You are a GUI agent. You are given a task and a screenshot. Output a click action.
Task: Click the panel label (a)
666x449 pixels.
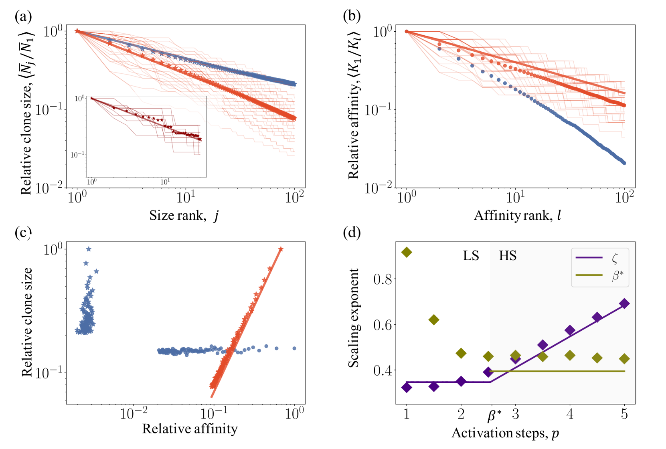tap(23, 16)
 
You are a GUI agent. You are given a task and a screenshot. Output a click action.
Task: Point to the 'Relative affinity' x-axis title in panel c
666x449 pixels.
tap(190, 429)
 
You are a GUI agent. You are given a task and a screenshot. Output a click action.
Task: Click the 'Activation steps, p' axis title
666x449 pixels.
tap(505, 433)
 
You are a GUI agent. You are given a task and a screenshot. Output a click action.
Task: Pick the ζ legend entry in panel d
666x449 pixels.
tap(600, 258)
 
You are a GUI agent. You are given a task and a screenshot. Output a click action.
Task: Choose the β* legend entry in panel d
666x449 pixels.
tap(600, 275)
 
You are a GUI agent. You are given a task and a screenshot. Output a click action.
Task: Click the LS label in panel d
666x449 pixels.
tap(471, 256)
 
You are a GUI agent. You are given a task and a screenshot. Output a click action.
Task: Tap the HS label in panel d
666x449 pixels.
tap(508, 256)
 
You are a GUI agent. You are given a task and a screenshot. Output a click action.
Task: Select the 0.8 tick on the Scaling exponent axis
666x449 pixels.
tap(383, 279)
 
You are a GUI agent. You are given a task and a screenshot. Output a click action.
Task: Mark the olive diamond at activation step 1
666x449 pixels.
tap(407, 252)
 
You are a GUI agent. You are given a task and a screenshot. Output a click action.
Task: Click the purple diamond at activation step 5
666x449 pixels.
tap(624, 303)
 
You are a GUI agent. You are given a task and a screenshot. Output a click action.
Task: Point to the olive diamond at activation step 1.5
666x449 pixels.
tap(434, 320)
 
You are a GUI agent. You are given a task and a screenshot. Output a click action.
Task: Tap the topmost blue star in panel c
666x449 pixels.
tap(89, 249)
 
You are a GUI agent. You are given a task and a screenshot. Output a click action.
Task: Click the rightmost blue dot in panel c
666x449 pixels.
tap(294, 348)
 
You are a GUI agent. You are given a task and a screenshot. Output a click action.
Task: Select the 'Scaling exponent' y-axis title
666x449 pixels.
tap(353, 318)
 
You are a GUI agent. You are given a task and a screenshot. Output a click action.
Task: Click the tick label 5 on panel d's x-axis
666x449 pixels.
tap(624, 414)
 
